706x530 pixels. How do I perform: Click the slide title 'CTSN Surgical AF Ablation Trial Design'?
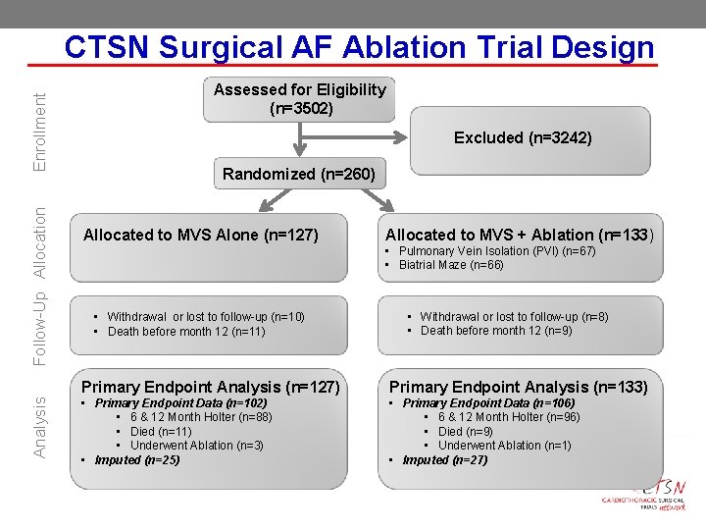359,47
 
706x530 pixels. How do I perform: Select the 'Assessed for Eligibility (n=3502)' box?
300,99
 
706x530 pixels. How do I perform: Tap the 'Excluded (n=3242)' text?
523,138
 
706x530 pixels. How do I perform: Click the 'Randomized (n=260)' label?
298,175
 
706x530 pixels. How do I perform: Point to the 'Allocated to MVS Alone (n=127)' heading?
201,235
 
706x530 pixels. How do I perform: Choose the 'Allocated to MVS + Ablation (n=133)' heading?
519,235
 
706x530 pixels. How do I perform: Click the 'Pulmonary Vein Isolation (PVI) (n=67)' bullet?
497,251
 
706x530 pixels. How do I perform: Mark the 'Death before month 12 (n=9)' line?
496,331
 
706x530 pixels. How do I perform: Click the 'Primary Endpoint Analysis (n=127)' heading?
210,387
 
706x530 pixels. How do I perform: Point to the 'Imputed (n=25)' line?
137,459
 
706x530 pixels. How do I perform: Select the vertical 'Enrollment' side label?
40,131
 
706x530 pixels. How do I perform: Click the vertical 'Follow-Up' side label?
40,330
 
